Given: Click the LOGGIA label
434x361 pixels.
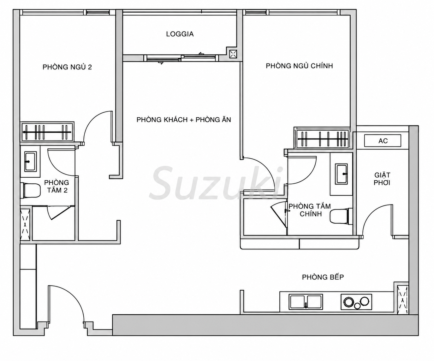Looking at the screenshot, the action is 180,34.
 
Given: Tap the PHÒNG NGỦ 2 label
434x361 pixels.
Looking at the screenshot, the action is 67,67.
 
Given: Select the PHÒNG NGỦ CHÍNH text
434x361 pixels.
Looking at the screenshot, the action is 299,66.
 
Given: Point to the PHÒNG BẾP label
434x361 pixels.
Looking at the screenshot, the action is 323,277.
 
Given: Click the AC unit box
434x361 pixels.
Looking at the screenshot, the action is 383,141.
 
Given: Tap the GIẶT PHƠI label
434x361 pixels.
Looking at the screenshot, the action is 382,179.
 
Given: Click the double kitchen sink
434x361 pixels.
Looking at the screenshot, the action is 306,302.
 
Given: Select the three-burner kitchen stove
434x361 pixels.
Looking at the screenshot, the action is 356,302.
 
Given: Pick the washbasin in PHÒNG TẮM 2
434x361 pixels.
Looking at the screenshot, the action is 31,162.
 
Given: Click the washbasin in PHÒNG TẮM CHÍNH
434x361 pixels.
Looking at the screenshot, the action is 341,174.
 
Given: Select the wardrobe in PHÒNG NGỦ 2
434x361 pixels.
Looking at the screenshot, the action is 47,132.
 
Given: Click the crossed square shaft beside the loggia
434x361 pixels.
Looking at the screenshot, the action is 233,54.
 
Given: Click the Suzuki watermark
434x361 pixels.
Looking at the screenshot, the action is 216,183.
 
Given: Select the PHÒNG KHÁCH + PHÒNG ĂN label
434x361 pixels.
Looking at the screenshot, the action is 184,120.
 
